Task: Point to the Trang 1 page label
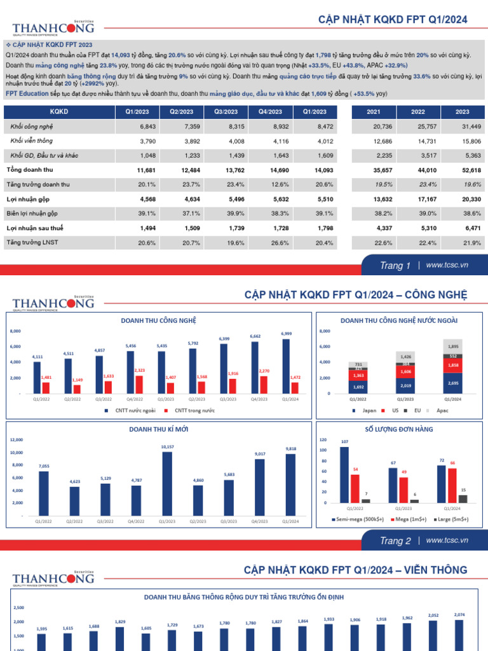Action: coord(395,266)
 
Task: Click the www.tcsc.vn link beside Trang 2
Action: coord(447,540)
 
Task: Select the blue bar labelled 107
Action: coord(344,474)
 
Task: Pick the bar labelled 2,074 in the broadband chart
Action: coord(459,635)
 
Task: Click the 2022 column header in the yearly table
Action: coord(418,112)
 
